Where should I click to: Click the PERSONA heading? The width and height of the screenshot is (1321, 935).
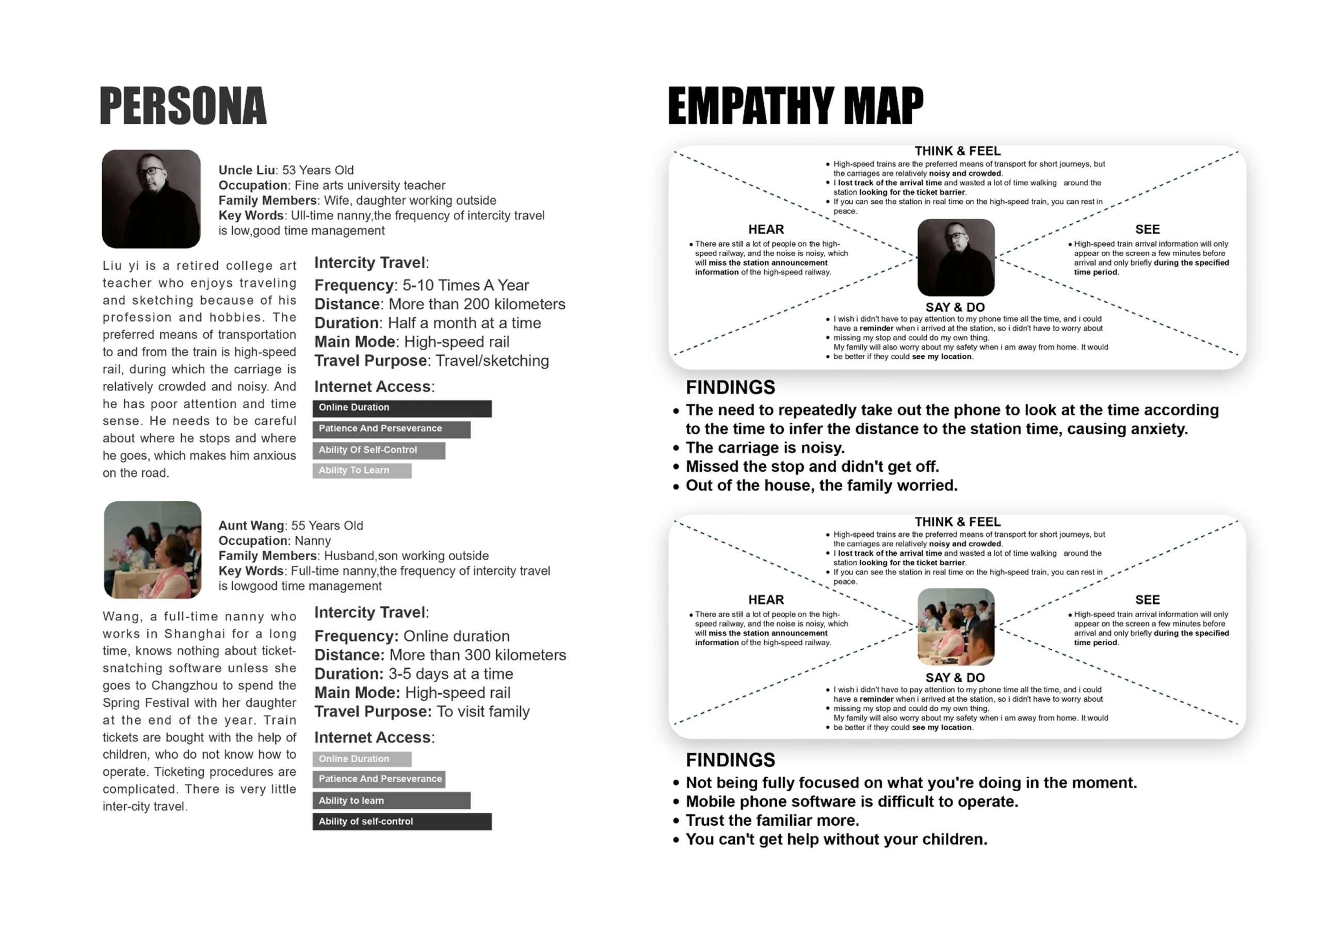coord(183,105)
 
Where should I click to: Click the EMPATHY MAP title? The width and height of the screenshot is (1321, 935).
coord(795,105)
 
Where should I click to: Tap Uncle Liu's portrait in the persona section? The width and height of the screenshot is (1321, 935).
coord(151,199)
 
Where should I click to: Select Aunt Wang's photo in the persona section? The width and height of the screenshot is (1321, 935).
coord(153,549)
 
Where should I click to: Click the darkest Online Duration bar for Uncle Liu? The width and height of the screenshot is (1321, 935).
coord(401,408)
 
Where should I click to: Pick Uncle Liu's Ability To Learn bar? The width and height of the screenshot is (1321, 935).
coord(362,470)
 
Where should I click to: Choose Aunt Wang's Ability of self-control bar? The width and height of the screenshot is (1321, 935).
coord(401,821)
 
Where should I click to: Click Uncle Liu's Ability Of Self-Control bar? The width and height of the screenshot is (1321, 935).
coord(379,450)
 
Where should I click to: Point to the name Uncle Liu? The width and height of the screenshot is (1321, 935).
coord(247,170)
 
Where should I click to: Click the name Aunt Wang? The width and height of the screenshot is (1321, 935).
coord(251,526)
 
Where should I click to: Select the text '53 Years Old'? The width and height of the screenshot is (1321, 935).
coord(317,170)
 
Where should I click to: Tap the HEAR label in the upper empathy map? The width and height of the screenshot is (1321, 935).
coord(766,229)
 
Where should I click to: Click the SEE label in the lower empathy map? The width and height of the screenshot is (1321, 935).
coord(1147,599)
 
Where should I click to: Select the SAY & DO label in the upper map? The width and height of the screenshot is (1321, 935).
coord(955,307)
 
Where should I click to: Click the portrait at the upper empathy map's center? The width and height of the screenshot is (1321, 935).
coord(956,257)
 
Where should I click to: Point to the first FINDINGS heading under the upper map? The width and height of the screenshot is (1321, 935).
coord(730,387)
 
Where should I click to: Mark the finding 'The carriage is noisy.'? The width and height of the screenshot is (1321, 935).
coord(765,448)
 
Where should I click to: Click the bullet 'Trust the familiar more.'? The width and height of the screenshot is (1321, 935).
coord(772,821)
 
